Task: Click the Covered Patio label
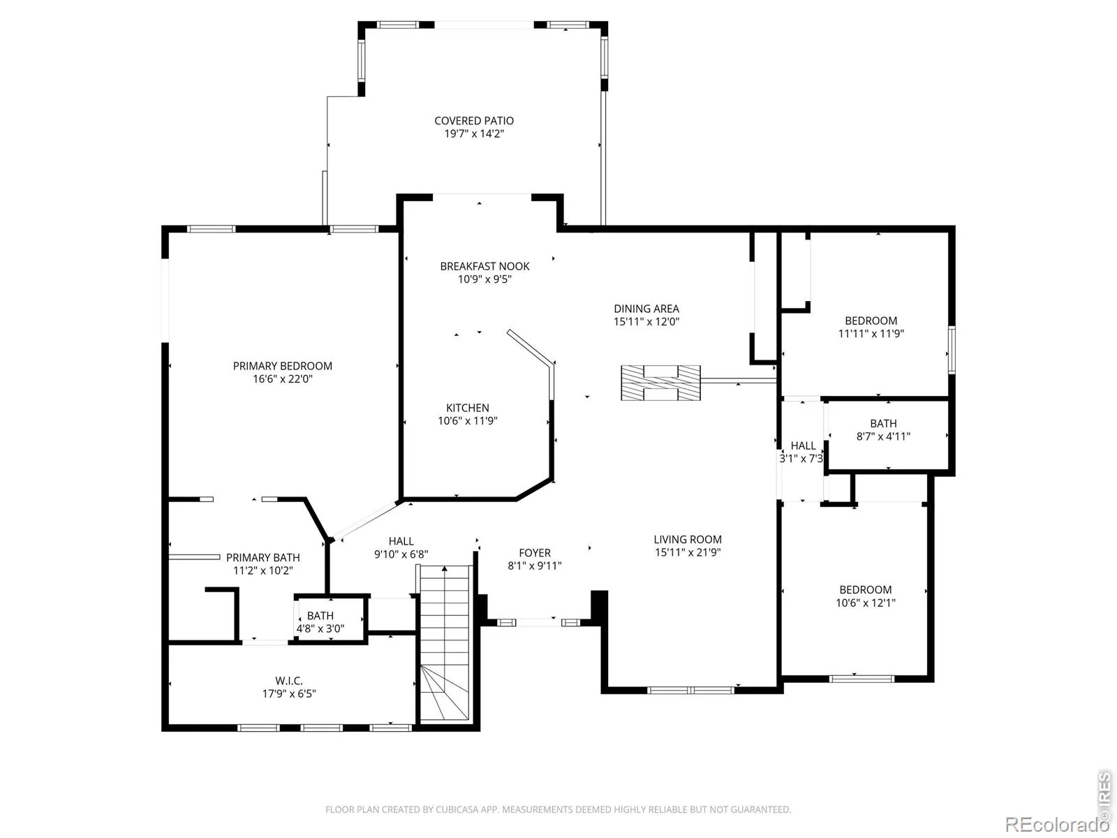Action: (474, 121)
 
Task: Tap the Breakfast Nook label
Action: (484, 266)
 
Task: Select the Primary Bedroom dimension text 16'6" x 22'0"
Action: (283, 378)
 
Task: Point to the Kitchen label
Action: (467, 408)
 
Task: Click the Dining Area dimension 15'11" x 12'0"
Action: (646, 321)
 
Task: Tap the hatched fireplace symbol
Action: (660, 383)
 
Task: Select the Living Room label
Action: (688, 539)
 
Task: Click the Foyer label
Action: (534, 552)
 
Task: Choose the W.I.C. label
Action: (289, 680)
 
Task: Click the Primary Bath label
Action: (262, 558)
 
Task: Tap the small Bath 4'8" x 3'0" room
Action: (330, 619)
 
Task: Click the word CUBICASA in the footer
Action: (457, 809)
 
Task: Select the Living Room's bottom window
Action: (690, 690)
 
